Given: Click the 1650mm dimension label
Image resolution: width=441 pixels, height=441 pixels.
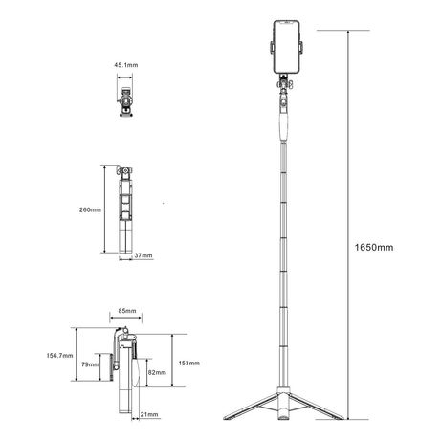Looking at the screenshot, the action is pos(374,248).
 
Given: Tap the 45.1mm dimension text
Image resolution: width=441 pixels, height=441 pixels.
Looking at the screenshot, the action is pos(126,65).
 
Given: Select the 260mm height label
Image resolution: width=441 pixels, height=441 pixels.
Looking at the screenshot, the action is pos(90,209).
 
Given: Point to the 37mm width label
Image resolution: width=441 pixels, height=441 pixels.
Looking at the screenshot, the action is pos(143,255).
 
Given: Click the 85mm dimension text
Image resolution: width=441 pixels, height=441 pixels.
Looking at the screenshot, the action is pos(127,311).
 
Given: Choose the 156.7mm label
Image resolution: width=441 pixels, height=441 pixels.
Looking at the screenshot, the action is pos(59,356).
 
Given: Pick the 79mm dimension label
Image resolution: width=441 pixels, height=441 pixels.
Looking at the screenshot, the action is pos(90,364).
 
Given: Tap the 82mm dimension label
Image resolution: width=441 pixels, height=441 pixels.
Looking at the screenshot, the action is pos(157,372).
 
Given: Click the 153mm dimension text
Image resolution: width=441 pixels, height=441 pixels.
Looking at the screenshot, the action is pos(189,364).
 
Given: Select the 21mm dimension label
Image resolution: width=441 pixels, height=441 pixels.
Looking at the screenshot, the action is pos(149,414).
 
